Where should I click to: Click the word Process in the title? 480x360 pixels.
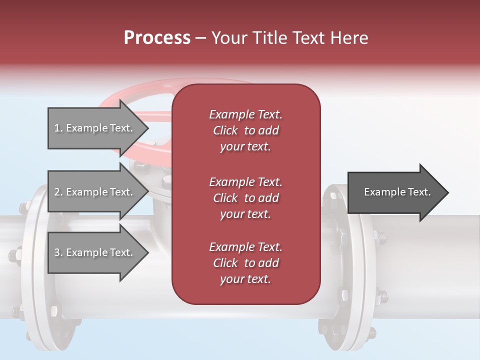click(x=157, y=38)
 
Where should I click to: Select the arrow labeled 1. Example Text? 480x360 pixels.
click(x=95, y=128)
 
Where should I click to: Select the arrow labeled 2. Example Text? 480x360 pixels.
click(x=95, y=192)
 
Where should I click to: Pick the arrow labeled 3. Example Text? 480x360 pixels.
click(x=95, y=252)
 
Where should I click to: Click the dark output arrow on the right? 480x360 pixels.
click(x=395, y=192)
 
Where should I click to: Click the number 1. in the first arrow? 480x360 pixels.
click(x=58, y=128)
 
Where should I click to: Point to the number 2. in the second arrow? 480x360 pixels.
click(x=58, y=192)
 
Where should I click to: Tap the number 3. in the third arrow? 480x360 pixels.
click(x=58, y=252)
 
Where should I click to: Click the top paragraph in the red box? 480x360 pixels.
click(x=245, y=130)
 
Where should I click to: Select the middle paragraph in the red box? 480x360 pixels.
click(x=245, y=198)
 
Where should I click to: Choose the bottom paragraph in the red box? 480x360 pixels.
click(x=245, y=263)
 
